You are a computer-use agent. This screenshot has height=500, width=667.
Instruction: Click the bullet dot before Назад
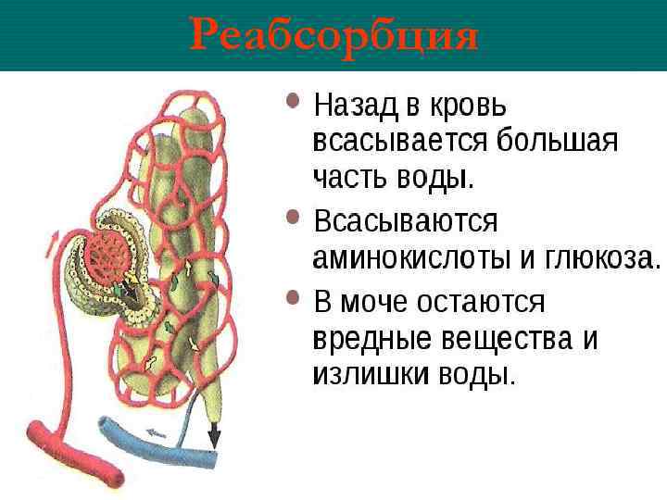pyautogui.click(x=294, y=100)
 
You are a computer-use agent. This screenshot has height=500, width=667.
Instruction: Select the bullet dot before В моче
pyautogui.click(x=294, y=297)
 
